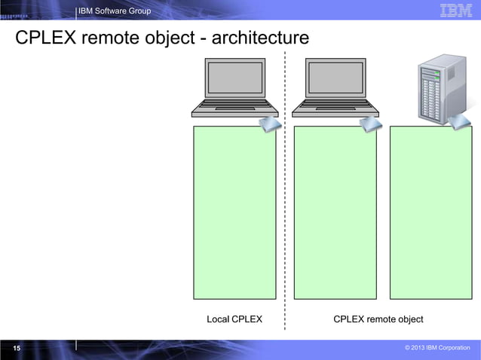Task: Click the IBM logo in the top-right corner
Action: click(455, 10)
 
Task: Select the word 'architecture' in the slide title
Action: click(260, 38)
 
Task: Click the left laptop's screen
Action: click(234, 78)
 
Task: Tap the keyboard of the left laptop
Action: click(234, 106)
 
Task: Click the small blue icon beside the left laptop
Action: click(270, 125)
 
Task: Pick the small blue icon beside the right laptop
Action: click(371, 124)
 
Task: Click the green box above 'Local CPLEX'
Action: click(234, 213)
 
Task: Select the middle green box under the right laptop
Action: click(335, 213)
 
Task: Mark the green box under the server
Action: click(430, 213)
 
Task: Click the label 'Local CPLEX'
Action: click(234, 319)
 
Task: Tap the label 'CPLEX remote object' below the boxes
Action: click(378, 319)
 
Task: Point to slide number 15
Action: click(16, 348)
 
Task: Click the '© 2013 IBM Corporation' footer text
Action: click(437, 348)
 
